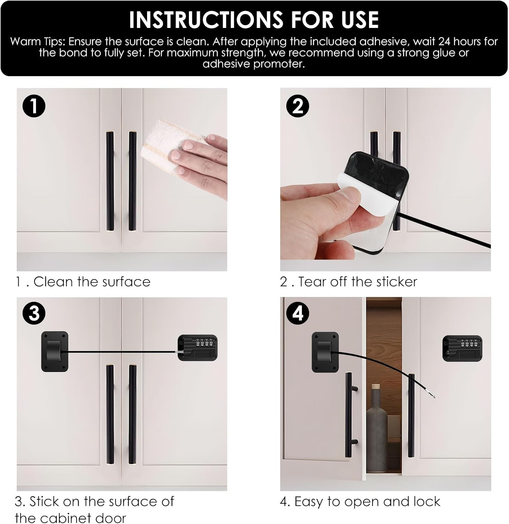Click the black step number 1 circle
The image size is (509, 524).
[x=34, y=106]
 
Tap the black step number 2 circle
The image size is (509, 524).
[x=297, y=106]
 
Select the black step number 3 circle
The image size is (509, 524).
[x=34, y=313]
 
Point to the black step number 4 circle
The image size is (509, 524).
[x=297, y=313]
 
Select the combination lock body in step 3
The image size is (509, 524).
[x=198, y=348]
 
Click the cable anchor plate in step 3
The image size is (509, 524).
[x=55, y=351]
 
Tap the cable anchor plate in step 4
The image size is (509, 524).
[x=325, y=352]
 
